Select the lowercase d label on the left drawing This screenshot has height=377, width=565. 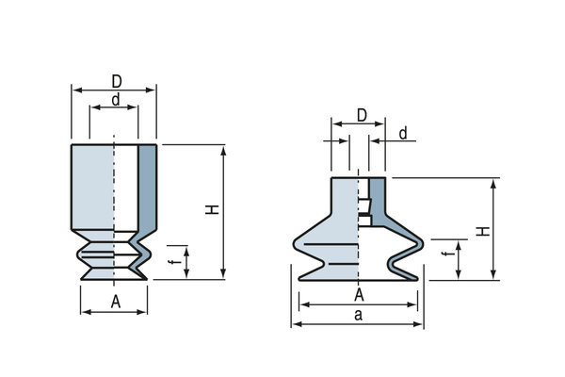click(x=114, y=99)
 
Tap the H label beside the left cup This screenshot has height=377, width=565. click(x=214, y=212)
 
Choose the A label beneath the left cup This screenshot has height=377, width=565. click(x=115, y=302)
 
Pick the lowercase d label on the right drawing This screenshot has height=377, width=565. click(x=402, y=135)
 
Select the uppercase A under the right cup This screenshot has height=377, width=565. click(x=359, y=294)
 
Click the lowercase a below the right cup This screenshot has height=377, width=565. click(x=359, y=315)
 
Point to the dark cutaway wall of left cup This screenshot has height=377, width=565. click(x=148, y=188)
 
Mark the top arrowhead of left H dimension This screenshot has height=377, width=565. click(x=223, y=149)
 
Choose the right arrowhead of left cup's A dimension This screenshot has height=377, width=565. click(x=144, y=310)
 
